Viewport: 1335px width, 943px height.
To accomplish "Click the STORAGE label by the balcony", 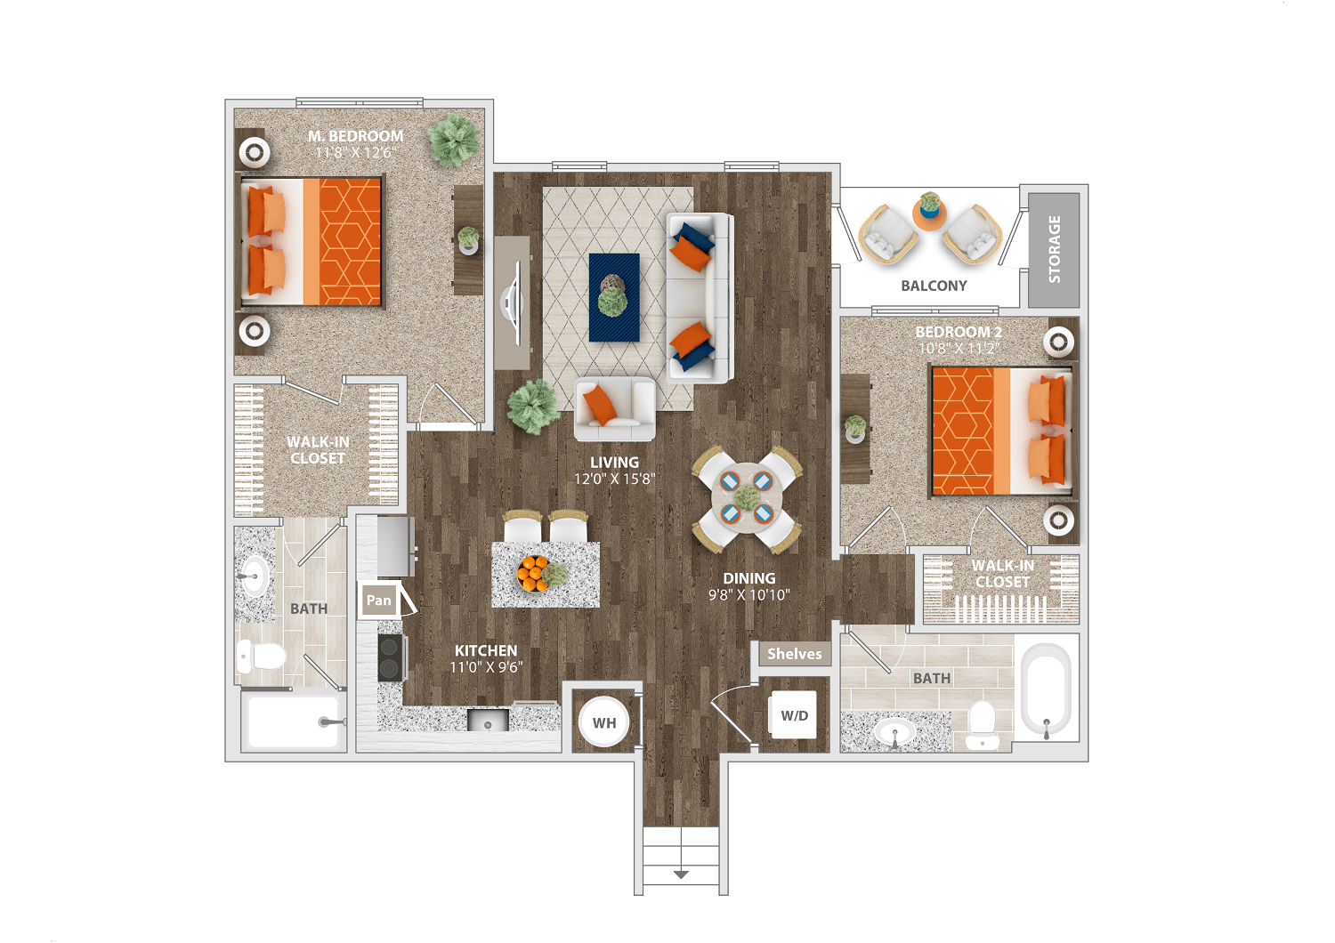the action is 1054,249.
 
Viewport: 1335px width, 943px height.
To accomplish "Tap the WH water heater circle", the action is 603,722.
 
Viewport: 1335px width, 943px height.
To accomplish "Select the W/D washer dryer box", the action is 794,715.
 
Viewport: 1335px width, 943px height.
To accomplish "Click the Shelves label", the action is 795,654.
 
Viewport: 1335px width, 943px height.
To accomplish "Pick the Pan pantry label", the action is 378,600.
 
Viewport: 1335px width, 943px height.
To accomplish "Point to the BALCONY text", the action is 934,286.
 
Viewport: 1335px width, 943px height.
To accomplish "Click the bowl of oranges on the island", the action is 532,573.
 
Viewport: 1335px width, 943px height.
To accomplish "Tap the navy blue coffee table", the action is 614,297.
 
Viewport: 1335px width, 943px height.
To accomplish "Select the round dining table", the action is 746,498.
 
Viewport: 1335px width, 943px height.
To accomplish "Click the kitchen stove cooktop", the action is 391,657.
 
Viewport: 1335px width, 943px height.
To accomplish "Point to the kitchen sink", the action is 488,720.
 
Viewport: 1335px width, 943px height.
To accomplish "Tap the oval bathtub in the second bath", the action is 1046,689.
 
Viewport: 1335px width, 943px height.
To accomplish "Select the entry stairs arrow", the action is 681,874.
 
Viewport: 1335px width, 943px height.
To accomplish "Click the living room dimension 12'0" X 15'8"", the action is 614,479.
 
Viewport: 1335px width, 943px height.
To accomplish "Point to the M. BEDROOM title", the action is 355,136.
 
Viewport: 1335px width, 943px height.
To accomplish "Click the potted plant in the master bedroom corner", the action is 454,140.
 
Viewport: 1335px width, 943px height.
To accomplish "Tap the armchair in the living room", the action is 614,409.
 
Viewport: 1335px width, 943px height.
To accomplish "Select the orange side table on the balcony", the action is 929,214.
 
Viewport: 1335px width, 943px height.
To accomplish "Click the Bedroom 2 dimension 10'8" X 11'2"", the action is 959,349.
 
